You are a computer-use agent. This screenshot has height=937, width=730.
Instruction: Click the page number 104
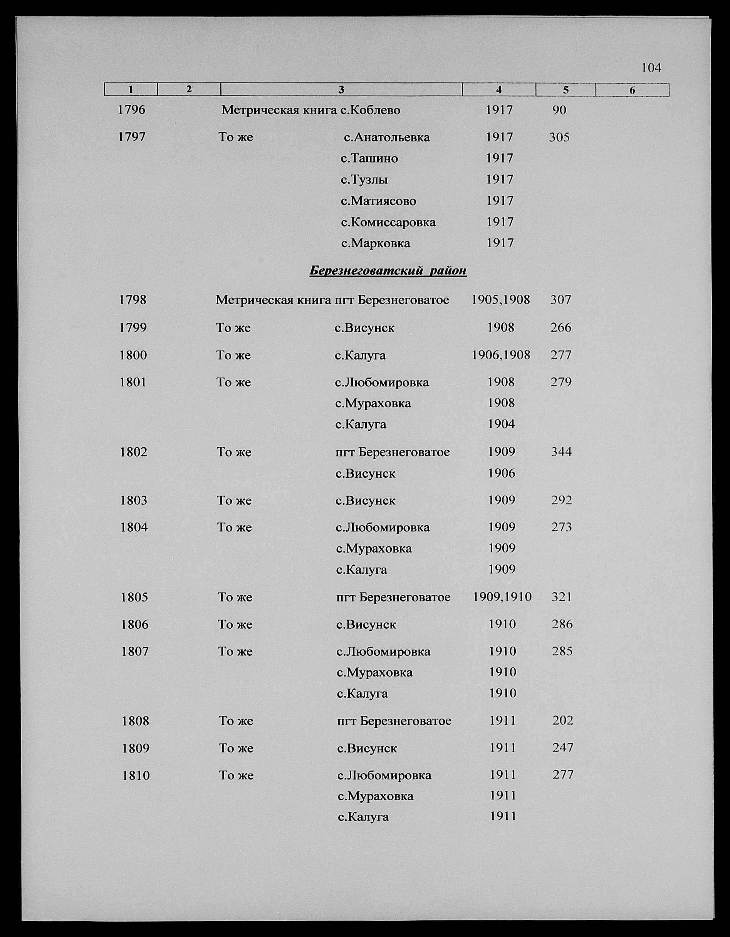651,68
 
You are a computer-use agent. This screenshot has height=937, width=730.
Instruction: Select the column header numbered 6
632,90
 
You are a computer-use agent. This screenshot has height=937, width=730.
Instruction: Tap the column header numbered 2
189,89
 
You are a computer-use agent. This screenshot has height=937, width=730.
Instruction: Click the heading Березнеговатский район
388,271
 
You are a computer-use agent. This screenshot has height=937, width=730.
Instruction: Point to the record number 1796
132,110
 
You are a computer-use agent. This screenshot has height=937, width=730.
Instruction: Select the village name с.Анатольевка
387,137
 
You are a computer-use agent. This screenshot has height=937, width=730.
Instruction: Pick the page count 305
559,137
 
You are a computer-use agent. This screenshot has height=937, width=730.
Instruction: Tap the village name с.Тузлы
364,179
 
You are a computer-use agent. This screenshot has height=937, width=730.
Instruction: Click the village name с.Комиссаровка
388,222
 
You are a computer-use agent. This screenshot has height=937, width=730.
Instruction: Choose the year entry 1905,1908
500,299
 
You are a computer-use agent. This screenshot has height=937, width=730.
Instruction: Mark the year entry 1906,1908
501,355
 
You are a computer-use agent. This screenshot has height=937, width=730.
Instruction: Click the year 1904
502,424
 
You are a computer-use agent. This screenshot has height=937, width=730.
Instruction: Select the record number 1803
134,500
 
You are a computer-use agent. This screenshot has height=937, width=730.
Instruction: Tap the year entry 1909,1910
502,597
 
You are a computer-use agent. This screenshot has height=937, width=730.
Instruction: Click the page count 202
563,720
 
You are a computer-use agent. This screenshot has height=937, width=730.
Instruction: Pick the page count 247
563,748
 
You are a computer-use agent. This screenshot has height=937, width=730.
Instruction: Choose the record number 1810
136,775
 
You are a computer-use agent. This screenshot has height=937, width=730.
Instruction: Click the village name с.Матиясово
378,201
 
